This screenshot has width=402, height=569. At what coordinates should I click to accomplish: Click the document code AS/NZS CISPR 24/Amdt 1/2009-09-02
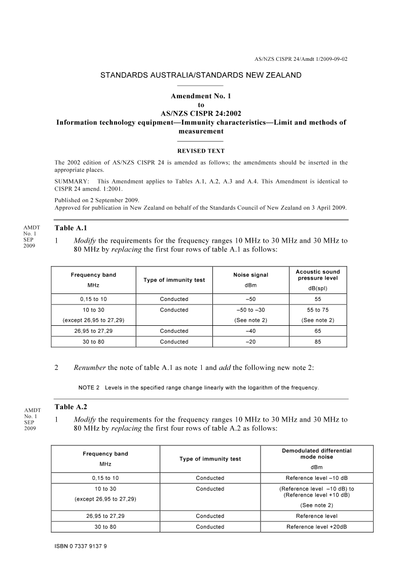coord(301,59)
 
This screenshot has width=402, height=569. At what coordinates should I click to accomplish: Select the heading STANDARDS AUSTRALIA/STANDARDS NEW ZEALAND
coord(201,75)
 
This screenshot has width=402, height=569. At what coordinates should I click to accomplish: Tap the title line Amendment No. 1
coord(201,96)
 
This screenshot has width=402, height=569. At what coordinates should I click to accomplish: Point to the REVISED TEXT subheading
coord(201,151)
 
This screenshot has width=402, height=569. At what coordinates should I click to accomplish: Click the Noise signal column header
coord(250,275)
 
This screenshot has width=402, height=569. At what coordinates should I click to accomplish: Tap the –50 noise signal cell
coord(250,299)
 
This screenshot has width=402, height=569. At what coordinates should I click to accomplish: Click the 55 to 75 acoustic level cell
coord(318,310)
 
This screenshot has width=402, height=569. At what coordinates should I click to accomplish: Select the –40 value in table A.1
coord(250,331)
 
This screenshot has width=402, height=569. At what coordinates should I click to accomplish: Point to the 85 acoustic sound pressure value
coord(318,342)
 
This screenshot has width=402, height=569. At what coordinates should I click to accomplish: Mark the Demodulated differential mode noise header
coord(316,453)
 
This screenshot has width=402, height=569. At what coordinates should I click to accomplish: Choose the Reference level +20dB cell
coord(316,527)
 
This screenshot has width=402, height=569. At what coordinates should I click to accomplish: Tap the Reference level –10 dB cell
coord(316,478)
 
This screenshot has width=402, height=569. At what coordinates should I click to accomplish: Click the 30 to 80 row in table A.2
coord(105,527)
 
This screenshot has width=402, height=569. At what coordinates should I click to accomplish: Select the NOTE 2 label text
coord(90,388)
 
